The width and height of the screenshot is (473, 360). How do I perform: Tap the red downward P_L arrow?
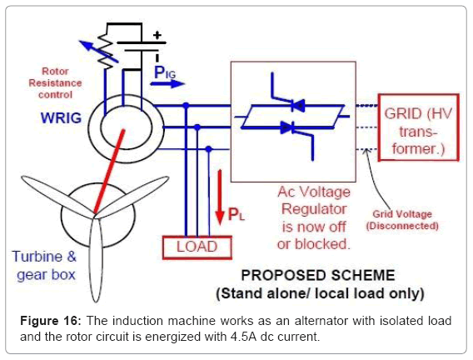pyautogui.click(x=220, y=197)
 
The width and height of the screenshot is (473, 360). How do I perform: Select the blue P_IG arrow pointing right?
pyautogui.click(x=167, y=83)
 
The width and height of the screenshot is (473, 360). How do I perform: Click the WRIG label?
pyautogui.click(x=61, y=117)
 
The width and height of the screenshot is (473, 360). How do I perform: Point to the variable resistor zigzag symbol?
pyautogui.click(x=105, y=50)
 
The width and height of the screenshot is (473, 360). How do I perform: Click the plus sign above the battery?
pyautogui.click(x=157, y=35)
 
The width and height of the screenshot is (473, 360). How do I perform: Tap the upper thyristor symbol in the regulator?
pyautogui.click(x=298, y=106)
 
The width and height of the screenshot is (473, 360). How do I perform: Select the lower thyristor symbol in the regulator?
pyautogui.click(x=287, y=127)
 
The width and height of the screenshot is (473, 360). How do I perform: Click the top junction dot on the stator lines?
pyautogui.click(x=186, y=105)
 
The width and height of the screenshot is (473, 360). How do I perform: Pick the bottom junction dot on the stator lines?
pyautogui.click(x=208, y=149)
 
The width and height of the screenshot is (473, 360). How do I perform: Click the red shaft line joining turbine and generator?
pyautogui.click(x=109, y=172)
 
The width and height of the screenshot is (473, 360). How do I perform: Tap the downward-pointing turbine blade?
pyautogui.click(x=96, y=260)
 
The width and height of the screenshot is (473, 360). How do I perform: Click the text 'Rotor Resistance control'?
pyautogui.click(x=55, y=83)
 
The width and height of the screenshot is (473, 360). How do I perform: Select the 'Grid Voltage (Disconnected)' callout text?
pyautogui.click(x=402, y=220)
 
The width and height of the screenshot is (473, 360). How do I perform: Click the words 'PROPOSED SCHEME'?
pyautogui.click(x=318, y=275)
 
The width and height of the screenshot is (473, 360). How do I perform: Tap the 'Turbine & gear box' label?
pyautogui.click(x=45, y=266)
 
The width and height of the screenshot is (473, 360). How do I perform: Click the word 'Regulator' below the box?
pyautogui.click(x=314, y=209)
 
